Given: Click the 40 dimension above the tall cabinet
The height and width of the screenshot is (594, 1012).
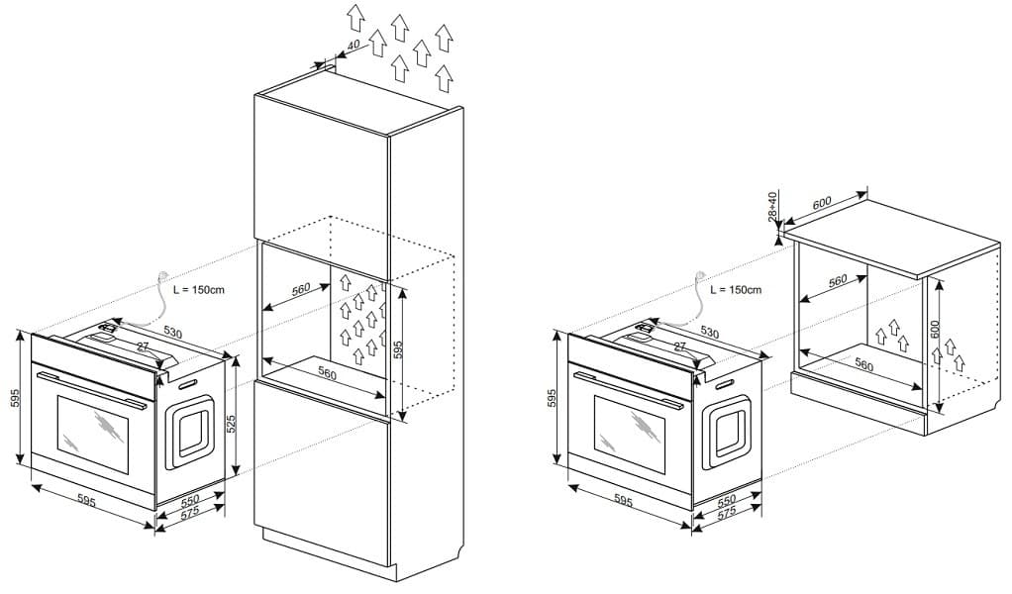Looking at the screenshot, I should pos(353,48).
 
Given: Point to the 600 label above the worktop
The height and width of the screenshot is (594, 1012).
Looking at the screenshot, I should pos(822,203).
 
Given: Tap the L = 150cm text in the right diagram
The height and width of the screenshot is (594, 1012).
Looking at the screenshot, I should pos(736,290).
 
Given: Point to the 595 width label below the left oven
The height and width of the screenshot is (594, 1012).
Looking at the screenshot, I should pos(87,502).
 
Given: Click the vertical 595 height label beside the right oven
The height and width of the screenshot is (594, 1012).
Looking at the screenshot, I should pos(554,398).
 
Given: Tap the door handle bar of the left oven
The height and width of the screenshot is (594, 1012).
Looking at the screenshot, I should pos(89,386).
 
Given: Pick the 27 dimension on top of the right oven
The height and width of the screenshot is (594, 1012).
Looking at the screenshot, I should pos(680,347).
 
